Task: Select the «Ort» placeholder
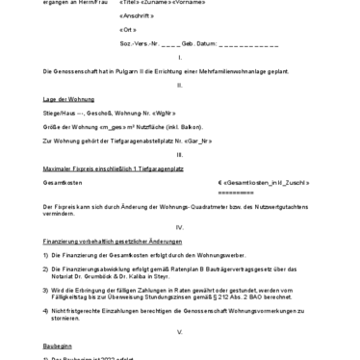128,31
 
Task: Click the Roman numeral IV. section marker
179,227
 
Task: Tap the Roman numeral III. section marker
179,154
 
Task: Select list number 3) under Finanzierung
47,289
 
